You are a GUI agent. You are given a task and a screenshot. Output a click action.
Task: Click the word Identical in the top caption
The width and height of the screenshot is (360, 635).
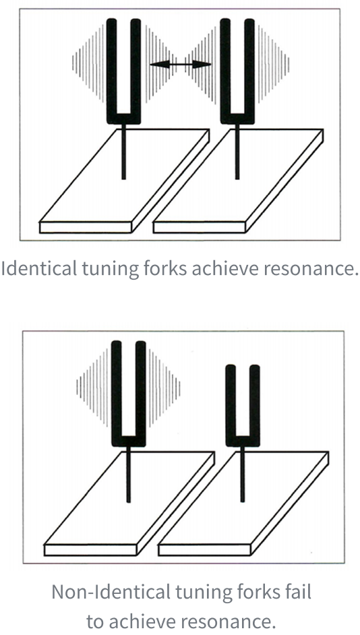[x=34, y=269]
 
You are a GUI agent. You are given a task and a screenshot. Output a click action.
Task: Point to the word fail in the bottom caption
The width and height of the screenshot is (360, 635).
[x=298, y=593]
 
